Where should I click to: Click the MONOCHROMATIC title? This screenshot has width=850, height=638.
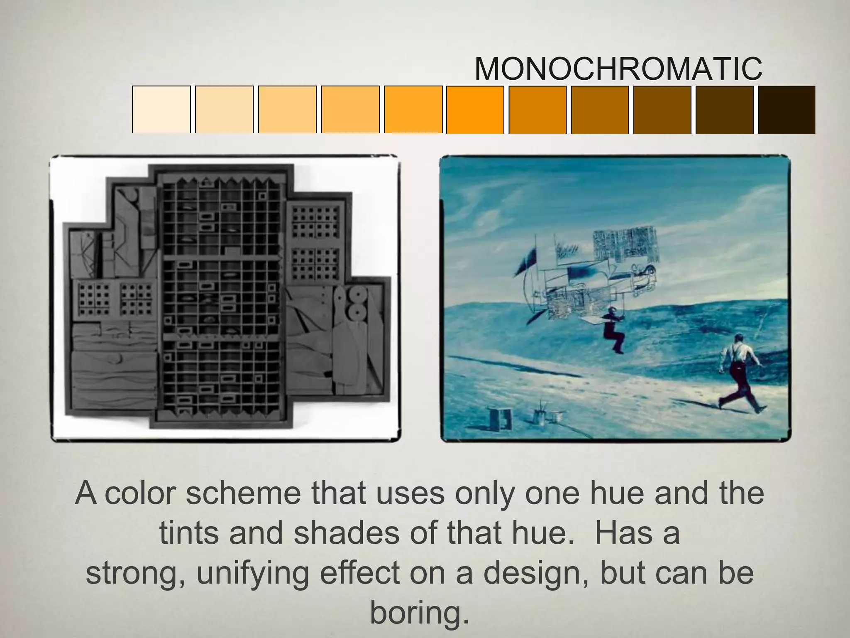click(618, 69)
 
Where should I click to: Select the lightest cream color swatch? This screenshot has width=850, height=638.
click(161, 109)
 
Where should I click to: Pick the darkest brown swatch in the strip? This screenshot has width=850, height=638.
click(787, 109)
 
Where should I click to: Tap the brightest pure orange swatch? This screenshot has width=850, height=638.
click(475, 109)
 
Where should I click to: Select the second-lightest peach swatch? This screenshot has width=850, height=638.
click(224, 109)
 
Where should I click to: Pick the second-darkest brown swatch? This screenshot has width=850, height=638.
click(724, 109)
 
